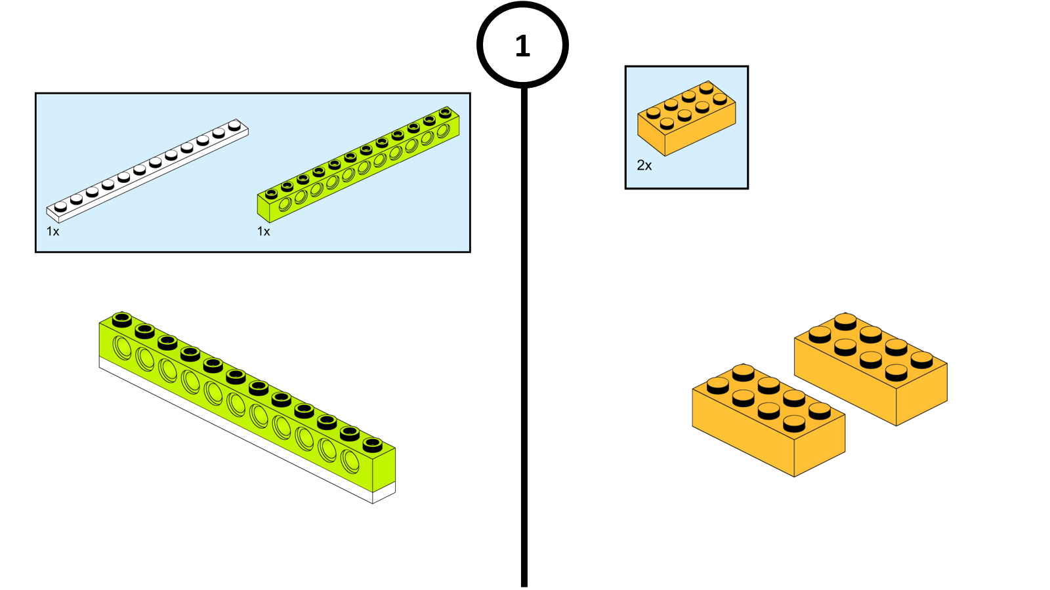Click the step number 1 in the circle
[522, 46]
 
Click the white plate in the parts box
[147, 171]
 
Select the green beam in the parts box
[358, 165]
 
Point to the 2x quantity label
[644, 166]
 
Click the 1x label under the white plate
[53, 231]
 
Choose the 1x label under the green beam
[264, 231]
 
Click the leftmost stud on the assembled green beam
[121, 319]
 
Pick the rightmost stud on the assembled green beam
[373, 444]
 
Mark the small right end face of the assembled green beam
[384, 469]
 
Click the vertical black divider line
[524, 328]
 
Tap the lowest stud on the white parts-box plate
[61, 206]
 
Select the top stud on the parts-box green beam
[446, 111]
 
